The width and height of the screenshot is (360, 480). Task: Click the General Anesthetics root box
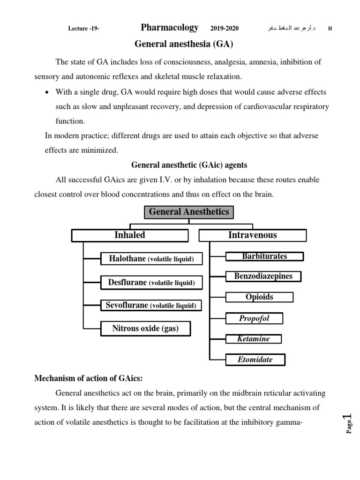pyautogui.click(x=188, y=212)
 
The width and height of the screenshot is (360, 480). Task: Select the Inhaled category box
pyautogui.click(x=130, y=235)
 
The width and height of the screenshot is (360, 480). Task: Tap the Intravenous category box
pyautogui.click(x=253, y=235)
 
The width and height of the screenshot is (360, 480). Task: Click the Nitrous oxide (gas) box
pyautogui.click(x=145, y=329)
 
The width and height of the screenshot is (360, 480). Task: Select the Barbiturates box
pyautogui.click(x=264, y=256)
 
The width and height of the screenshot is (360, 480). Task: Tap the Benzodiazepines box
pyautogui.click(x=263, y=277)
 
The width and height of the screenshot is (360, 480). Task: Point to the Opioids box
pyautogui.click(x=259, y=297)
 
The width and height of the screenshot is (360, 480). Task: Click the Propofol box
pyautogui.click(x=255, y=319)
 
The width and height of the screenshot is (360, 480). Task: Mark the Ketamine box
pyautogui.click(x=254, y=339)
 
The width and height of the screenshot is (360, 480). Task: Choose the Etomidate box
pyautogui.click(x=255, y=360)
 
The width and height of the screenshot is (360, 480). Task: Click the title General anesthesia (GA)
pyautogui.click(x=183, y=45)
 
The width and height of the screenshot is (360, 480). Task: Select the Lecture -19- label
pyautogui.click(x=83, y=29)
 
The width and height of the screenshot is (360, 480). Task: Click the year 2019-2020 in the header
pyautogui.click(x=225, y=29)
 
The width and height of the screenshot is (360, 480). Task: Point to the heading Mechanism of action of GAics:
pyautogui.click(x=85, y=379)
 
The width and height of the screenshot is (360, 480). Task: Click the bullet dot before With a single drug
pyautogui.click(x=46, y=92)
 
